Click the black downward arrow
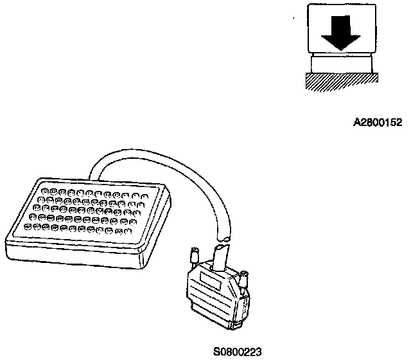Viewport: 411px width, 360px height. point(340,32)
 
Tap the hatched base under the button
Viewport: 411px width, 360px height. point(340,82)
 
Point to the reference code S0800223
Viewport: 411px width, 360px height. point(238,351)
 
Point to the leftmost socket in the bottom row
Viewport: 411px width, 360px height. point(28,226)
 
